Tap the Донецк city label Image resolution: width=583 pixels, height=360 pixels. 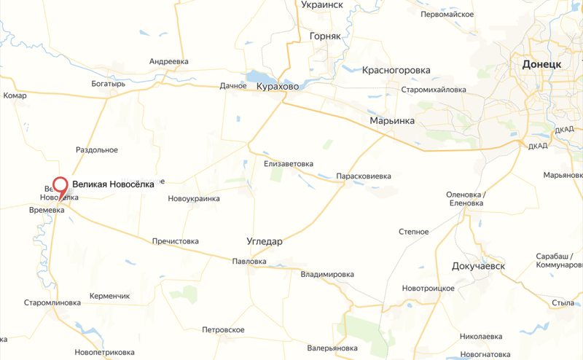(x=542, y=64)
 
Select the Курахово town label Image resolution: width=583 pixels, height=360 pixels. (x=278, y=87)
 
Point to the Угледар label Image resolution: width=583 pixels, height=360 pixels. (x=265, y=241)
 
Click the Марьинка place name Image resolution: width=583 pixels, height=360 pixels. (x=391, y=120)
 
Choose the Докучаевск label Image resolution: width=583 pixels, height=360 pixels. (x=478, y=266)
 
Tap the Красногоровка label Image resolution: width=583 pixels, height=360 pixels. (x=396, y=71)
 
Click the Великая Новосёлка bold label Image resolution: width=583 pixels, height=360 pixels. (x=113, y=184)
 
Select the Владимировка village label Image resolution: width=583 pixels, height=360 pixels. (x=327, y=275)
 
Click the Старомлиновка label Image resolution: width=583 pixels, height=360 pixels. (x=52, y=302)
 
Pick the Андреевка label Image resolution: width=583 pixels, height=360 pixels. (x=169, y=62)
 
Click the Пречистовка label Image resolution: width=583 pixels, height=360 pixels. (x=175, y=241)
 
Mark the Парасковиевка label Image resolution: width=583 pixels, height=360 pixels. (x=364, y=176)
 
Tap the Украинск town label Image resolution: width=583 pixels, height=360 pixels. (x=321, y=4)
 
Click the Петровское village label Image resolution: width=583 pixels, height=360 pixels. (x=223, y=330)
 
